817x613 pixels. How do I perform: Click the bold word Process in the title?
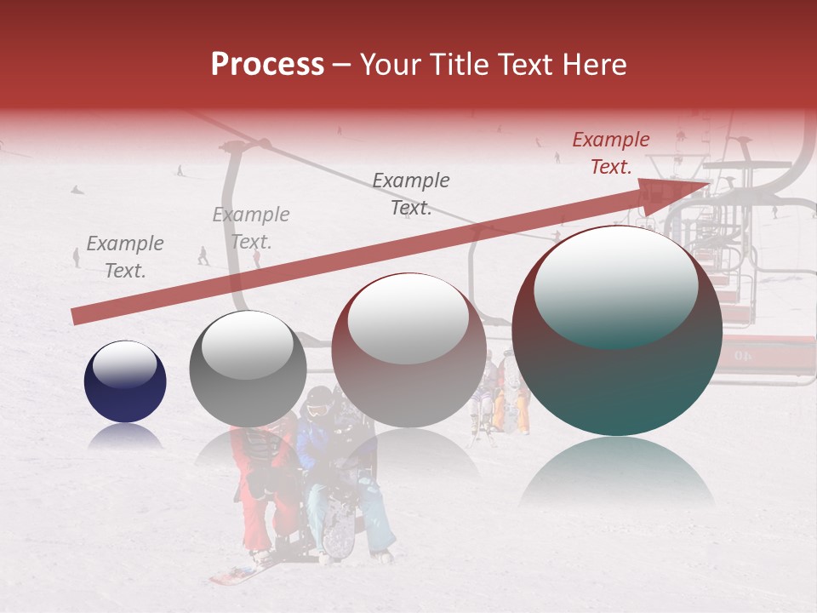pos(267,65)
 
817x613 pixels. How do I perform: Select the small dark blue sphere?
pos(125,381)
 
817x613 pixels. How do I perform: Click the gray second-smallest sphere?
pos(248,368)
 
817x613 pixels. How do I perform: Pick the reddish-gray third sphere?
pos(408,349)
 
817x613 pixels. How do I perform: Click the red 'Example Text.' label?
pos(610,153)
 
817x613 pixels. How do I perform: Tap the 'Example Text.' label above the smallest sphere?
pos(124,257)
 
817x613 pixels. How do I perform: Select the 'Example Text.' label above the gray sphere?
pos(251,228)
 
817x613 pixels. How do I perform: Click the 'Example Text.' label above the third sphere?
pos(411,194)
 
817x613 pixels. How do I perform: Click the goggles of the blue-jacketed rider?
pos(317,410)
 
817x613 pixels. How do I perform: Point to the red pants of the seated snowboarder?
pos(255,519)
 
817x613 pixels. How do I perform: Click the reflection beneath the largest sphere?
pos(617,477)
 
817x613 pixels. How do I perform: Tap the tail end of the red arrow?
pos(77,317)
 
